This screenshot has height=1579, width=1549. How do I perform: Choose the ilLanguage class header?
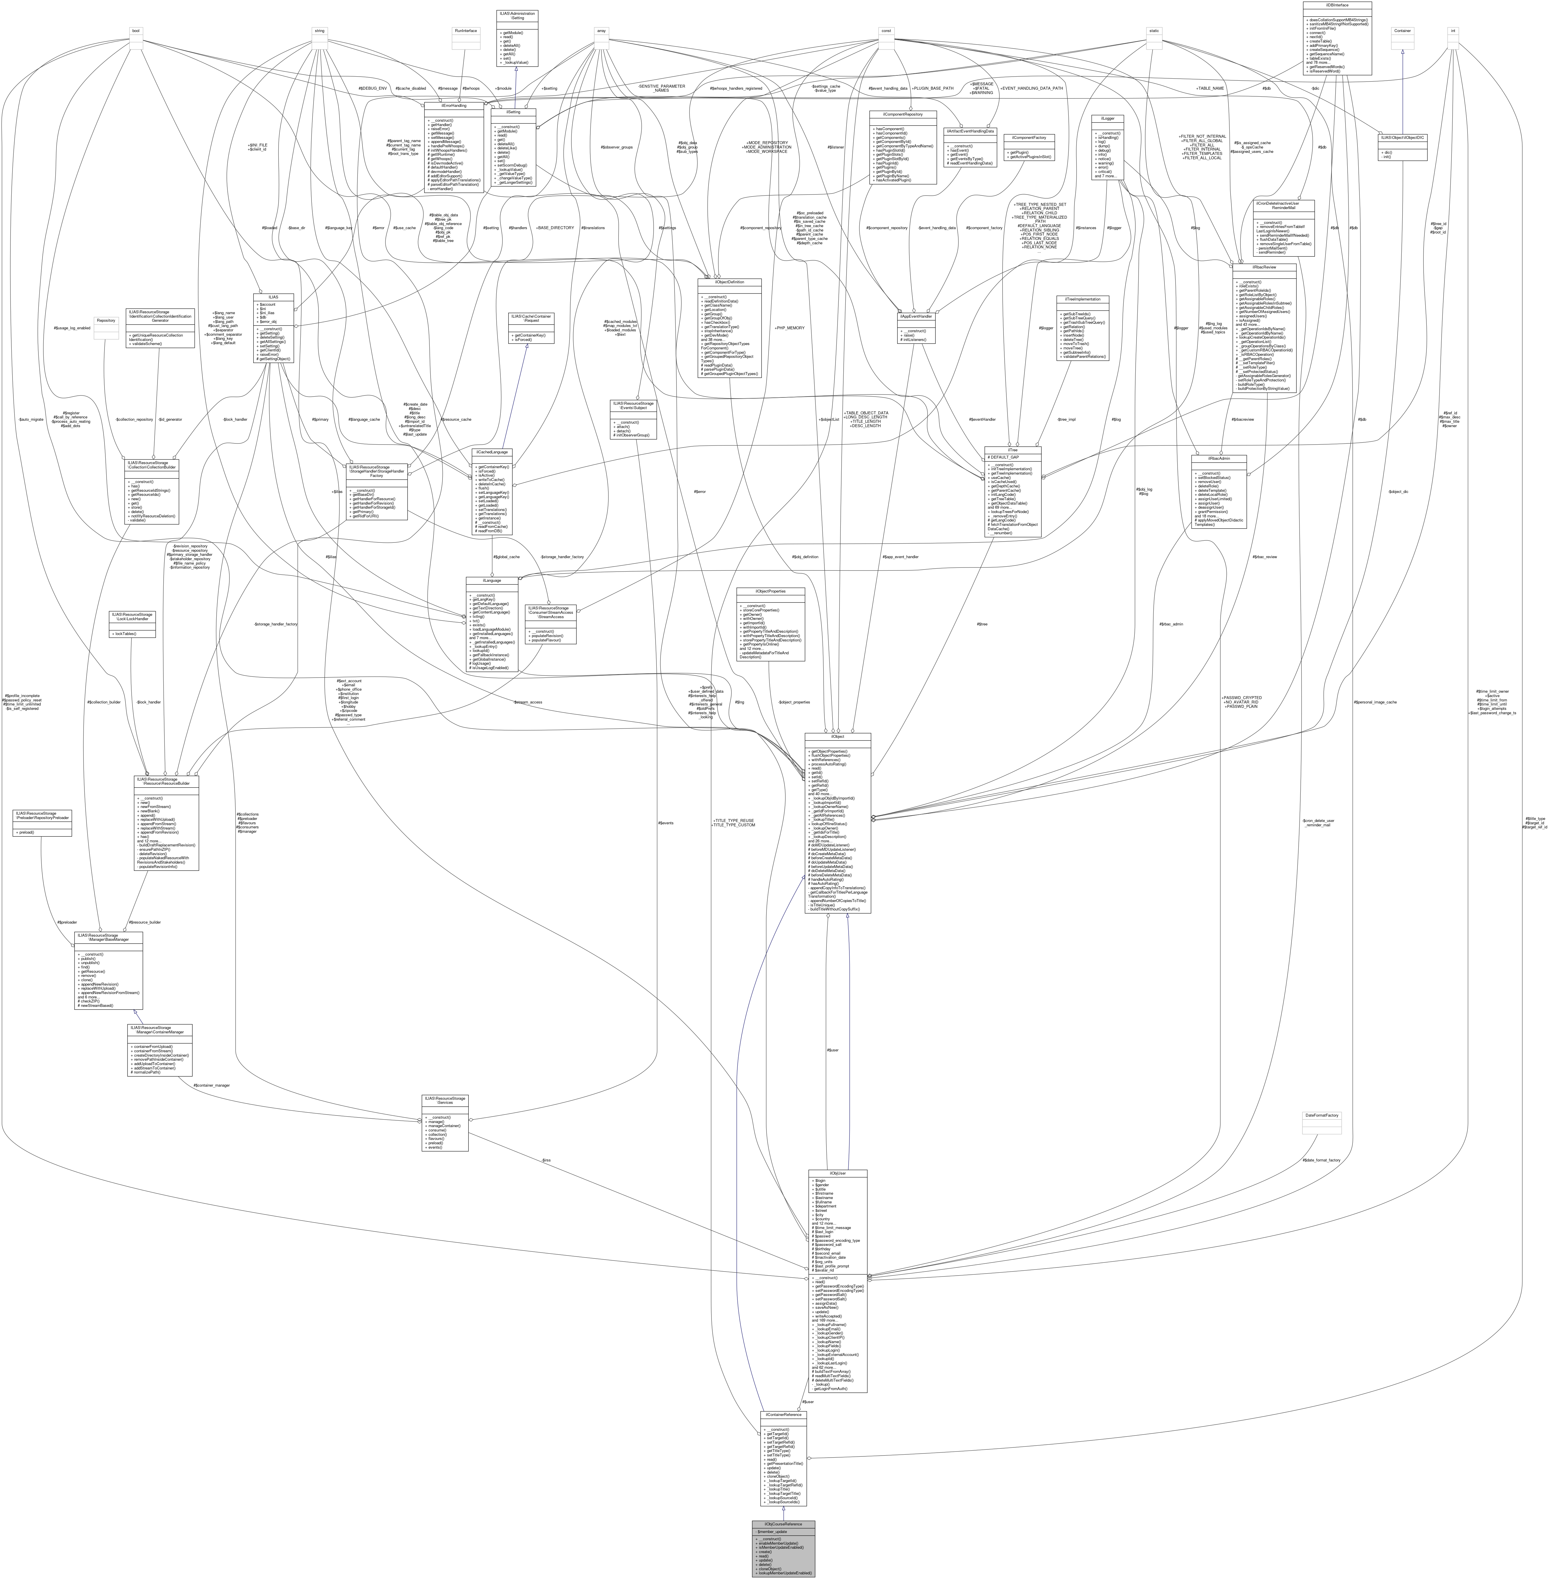click(x=491, y=580)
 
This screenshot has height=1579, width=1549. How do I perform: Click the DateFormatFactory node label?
click(x=1321, y=1115)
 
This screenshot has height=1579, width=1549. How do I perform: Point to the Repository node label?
click(x=106, y=321)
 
